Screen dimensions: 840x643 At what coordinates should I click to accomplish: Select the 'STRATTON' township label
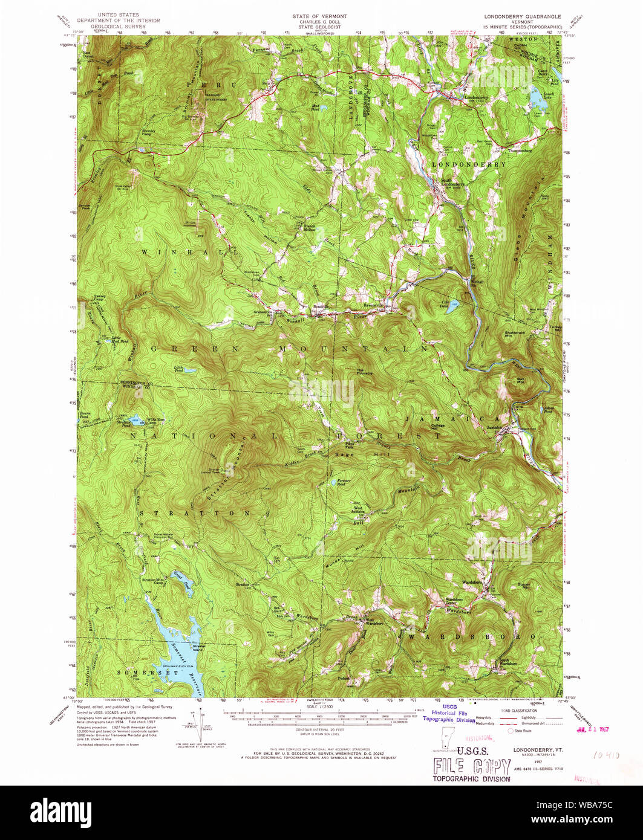(x=195, y=512)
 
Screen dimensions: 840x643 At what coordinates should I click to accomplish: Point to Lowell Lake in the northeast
(x=537, y=95)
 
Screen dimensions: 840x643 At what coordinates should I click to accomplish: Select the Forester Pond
(x=333, y=482)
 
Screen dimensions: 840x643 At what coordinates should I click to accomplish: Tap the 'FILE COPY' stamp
(x=470, y=767)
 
